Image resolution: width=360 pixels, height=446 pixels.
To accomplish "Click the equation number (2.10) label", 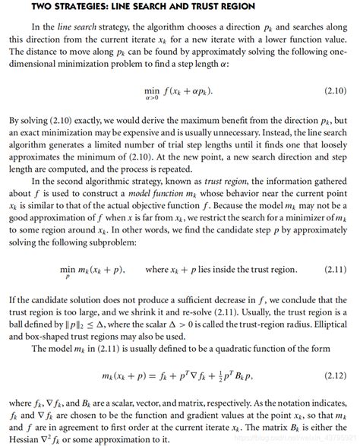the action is [x=334, y=91].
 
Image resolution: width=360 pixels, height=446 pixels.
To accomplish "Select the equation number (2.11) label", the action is [x=334, y=270].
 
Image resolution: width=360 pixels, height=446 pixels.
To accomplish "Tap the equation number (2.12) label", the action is [x=334, y=375].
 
